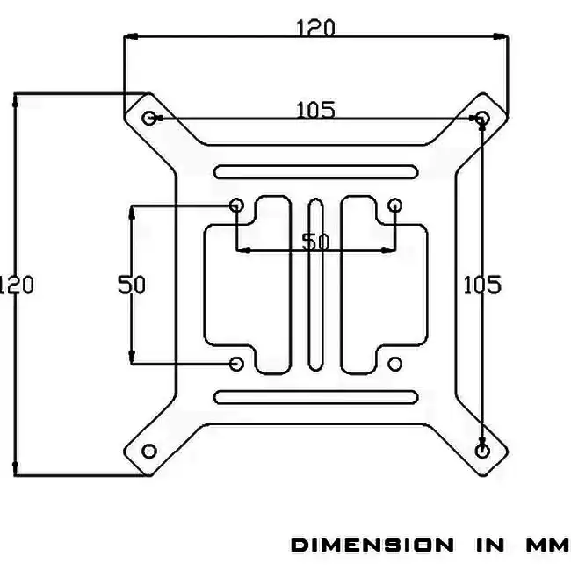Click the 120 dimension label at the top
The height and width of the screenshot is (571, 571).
click(315, 28)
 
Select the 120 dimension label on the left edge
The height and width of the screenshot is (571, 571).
click(16, 285)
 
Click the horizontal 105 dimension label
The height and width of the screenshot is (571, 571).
click(315, 110)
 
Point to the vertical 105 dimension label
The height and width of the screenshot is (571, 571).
click(482, 285)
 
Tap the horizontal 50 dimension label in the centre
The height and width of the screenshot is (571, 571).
click(315, 241)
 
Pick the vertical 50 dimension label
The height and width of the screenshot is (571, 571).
click(132, 285)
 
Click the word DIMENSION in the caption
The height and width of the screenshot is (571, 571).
click(372, 546)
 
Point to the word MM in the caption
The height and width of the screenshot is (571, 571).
click(547, 546)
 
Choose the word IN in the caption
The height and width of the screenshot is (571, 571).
click(490, 546)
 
